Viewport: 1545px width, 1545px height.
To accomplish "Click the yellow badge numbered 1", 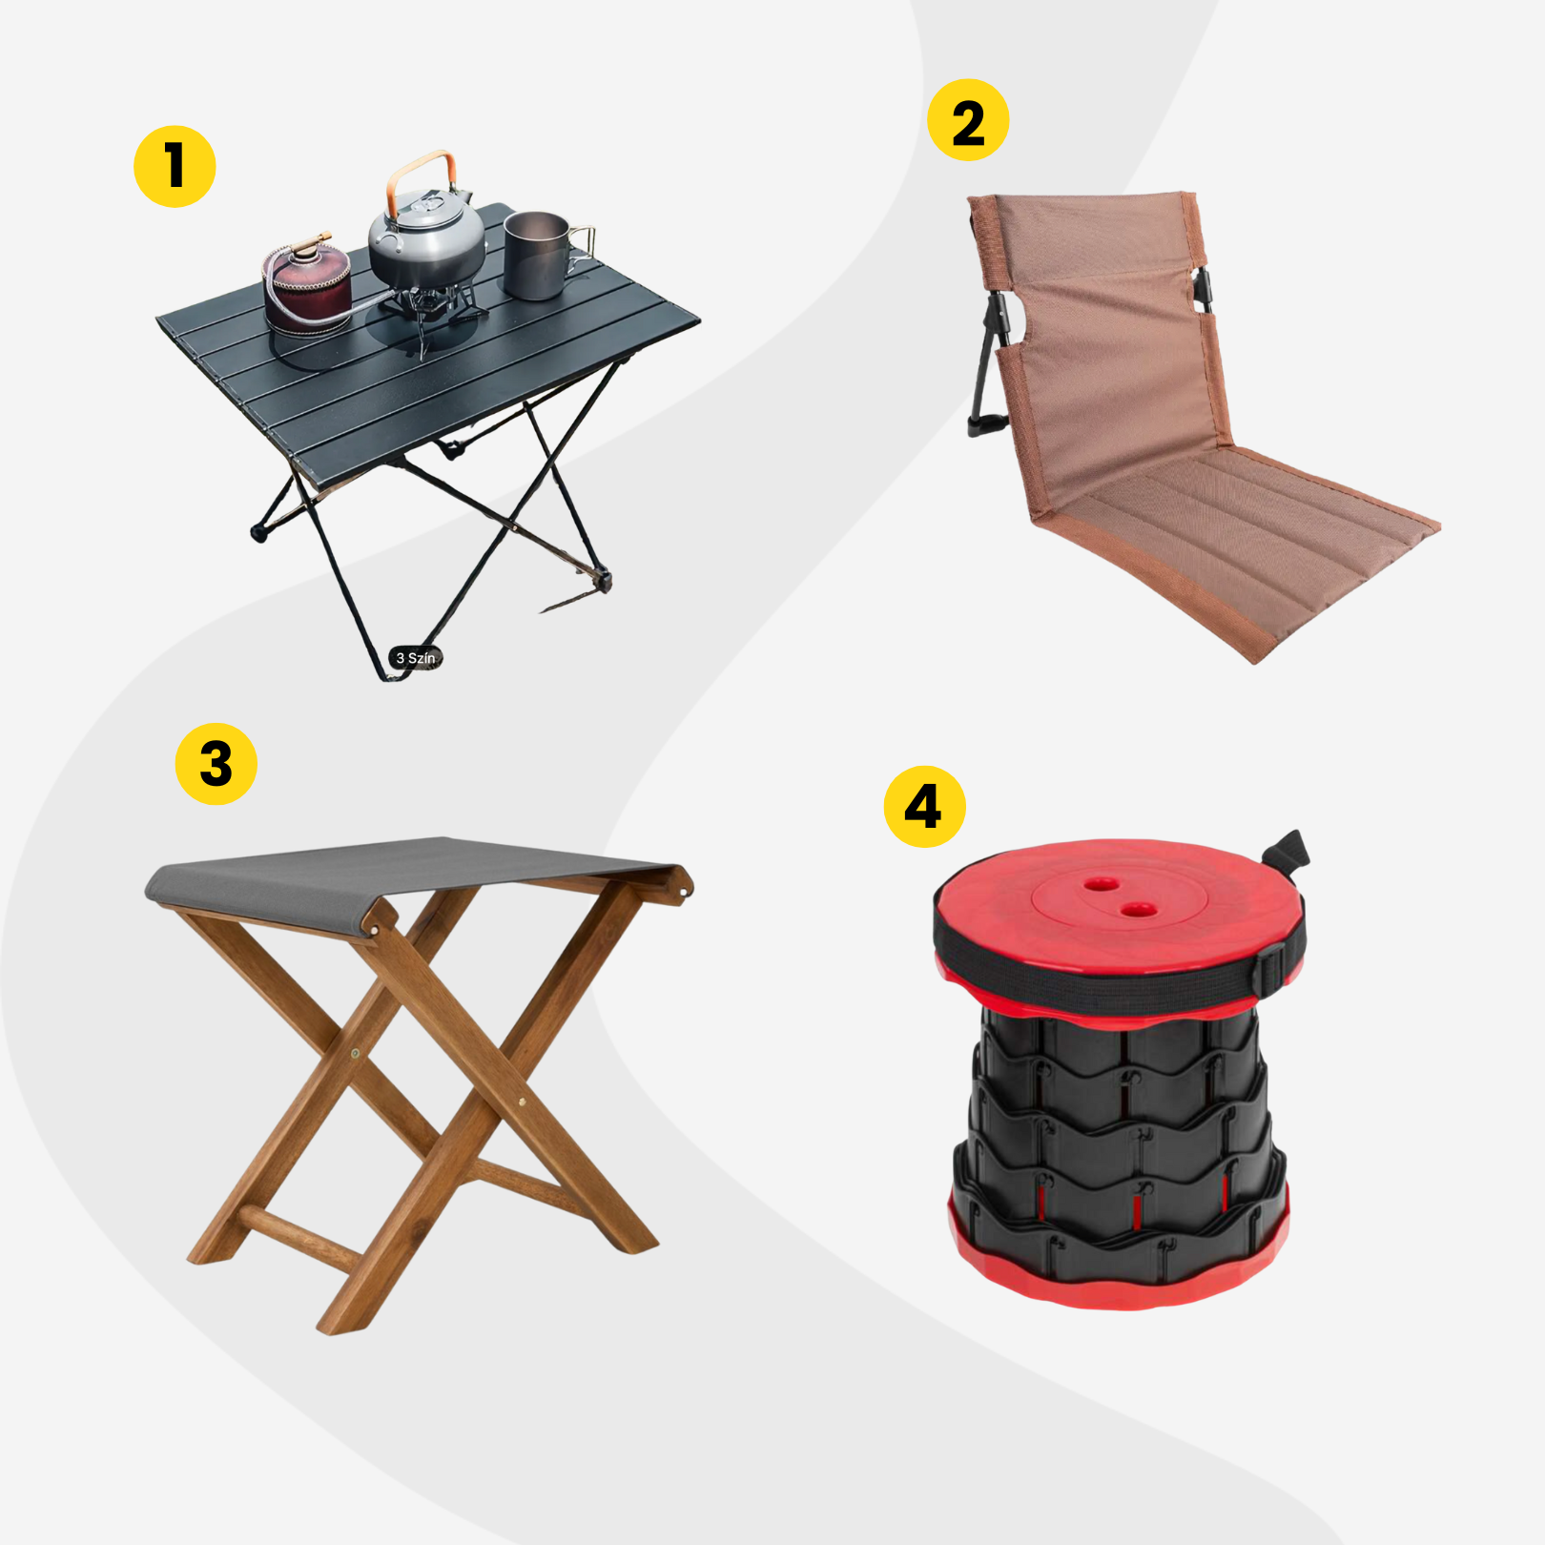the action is (175, 166).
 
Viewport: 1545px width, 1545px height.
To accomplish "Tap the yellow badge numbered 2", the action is (968, 120).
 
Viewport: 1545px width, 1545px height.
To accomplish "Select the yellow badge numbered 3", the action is (216, 764).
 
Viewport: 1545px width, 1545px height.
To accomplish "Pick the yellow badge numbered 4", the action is (925, 807).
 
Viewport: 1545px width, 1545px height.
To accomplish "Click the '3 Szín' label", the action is (416, 658).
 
